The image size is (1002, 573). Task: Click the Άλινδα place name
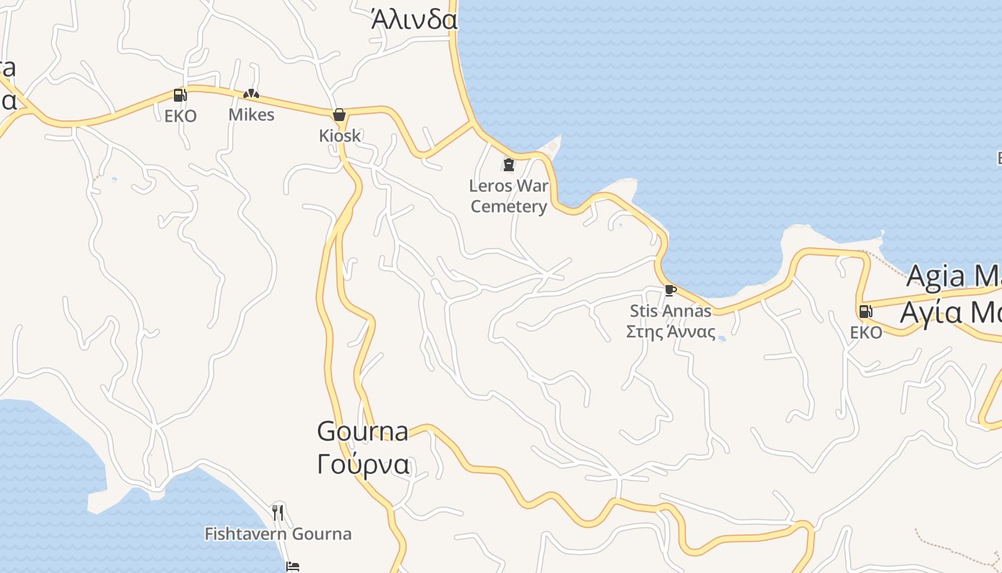click(x=414, y=19)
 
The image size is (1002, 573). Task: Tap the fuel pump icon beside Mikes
click(x=180, y=95)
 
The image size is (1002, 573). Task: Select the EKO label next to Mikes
click(x=180, y=116)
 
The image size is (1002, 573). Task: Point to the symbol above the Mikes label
click(x=250, y=94)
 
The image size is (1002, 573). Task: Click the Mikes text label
click(x=251, y=115)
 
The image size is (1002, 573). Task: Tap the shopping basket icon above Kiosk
click(x=339, y=115)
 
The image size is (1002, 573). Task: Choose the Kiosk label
click(x=340, y=135)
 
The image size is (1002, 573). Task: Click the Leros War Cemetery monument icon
click(x=509, y=165)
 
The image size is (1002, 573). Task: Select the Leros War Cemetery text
click(x=509, y=196)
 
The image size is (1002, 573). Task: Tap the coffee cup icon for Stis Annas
click(x=670, y=290)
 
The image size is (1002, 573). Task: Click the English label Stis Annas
click(x=671, y=311)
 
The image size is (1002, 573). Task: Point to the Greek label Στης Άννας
click(x=671, y=332)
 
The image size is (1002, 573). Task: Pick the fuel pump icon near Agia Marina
click(x=865, y=312)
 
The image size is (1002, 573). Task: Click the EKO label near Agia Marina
click(x=866, y=332)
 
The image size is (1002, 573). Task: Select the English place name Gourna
click(x=363, y=431)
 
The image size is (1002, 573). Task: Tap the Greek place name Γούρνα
click(x=364, y=464)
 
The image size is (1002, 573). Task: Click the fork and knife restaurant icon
click(x=278, y=513)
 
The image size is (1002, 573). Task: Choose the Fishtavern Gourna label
click(x=278, y=534)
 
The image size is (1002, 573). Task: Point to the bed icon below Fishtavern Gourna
click(x=292, y=567)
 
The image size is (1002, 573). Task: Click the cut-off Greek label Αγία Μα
click(x=950, y=312)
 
